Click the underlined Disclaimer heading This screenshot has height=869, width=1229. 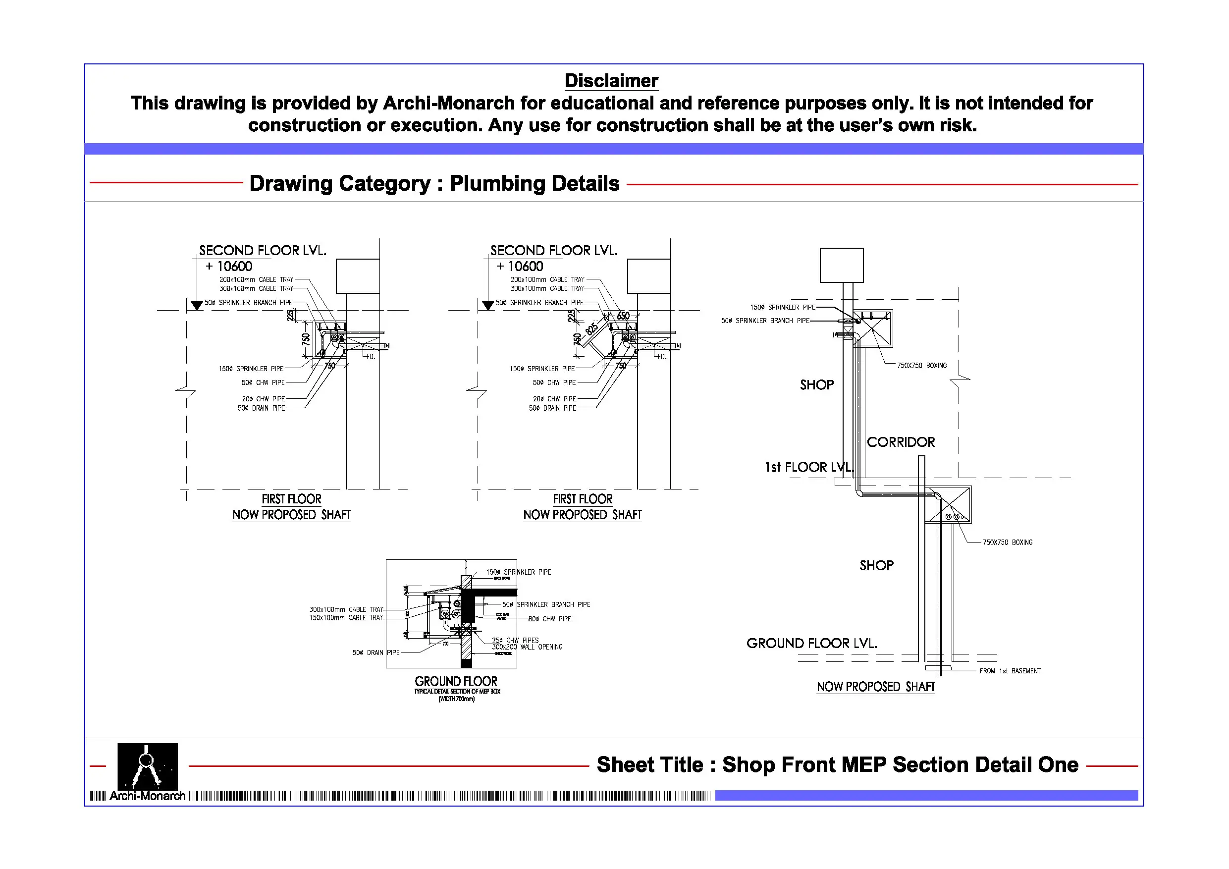click(x=611, y=81)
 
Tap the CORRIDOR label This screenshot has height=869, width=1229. click(x=901, y=442)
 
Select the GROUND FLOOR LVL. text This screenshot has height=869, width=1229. click(x=811, y=643)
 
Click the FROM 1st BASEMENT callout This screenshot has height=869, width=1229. click(x=1010, y=671)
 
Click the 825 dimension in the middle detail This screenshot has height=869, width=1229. click(x=591, y=328)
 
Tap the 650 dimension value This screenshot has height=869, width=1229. click(x=623, y=316)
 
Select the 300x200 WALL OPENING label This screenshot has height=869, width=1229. click(x=527, y=648)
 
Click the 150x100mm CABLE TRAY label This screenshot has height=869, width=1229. click(x=346, y=618)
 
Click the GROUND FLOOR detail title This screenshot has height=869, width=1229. click(x=456, y=681)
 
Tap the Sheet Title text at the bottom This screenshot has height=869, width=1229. click(x=837, y=764)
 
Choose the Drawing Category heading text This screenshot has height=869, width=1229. click(x=434, y=183)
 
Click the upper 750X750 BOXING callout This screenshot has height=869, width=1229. click(x=922, y=366)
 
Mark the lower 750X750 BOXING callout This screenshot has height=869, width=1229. click(x=1008, y=543)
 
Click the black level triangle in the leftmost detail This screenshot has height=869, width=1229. click(x=197, y=305)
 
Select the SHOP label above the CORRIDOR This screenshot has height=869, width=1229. click(x=816, y=385)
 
